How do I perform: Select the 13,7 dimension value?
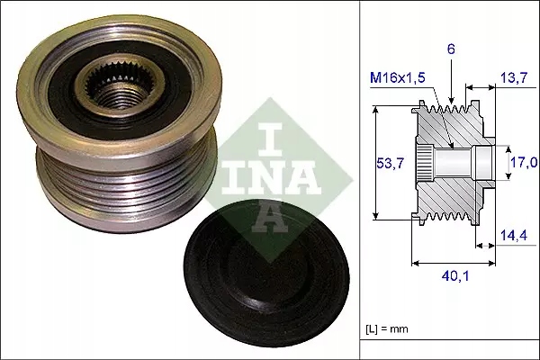pos(514,80)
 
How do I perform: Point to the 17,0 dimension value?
pos(524,162)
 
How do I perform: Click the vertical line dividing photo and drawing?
pos(359,180)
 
